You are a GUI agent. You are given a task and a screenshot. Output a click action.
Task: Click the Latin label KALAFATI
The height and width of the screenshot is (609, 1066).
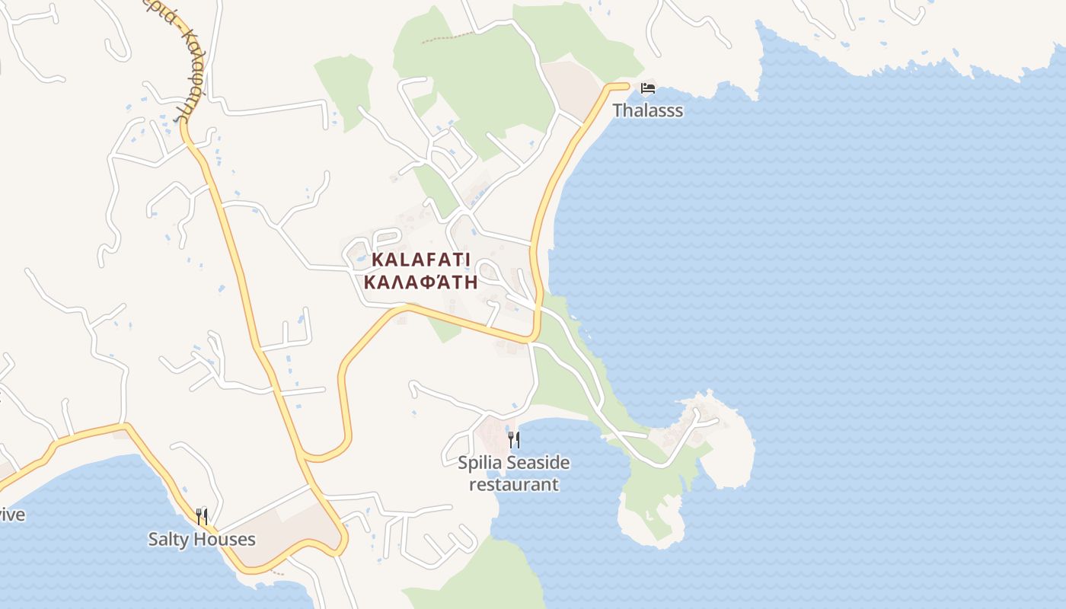pos(421,260)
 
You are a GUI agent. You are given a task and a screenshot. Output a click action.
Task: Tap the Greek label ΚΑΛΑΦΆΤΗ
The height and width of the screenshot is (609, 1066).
pos(421,282)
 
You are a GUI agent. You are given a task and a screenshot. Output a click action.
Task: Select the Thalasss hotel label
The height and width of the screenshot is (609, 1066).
pos(647,110)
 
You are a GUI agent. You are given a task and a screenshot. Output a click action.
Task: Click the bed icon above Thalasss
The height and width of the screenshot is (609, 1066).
pos(648,88)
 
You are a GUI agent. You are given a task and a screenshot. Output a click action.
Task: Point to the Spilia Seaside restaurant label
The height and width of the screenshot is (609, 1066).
pos(513,473)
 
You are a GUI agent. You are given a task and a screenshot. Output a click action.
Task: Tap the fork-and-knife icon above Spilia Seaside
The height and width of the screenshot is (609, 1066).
pos(514,439)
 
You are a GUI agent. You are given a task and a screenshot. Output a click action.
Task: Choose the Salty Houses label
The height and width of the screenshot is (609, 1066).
pos(202,540)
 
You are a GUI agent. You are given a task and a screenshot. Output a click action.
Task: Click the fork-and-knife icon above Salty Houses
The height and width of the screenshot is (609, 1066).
pos(202,517)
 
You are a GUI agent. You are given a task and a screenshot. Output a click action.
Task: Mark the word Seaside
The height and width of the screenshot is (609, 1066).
pos(538,463)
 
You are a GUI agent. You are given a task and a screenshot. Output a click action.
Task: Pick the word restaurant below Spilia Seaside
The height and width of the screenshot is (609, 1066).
pos(513,484)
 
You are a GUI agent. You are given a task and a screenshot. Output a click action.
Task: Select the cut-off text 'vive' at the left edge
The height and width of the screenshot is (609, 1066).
pos(11,515)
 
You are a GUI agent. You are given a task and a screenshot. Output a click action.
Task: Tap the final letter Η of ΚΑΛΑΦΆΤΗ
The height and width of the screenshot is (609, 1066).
pos(471,282)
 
